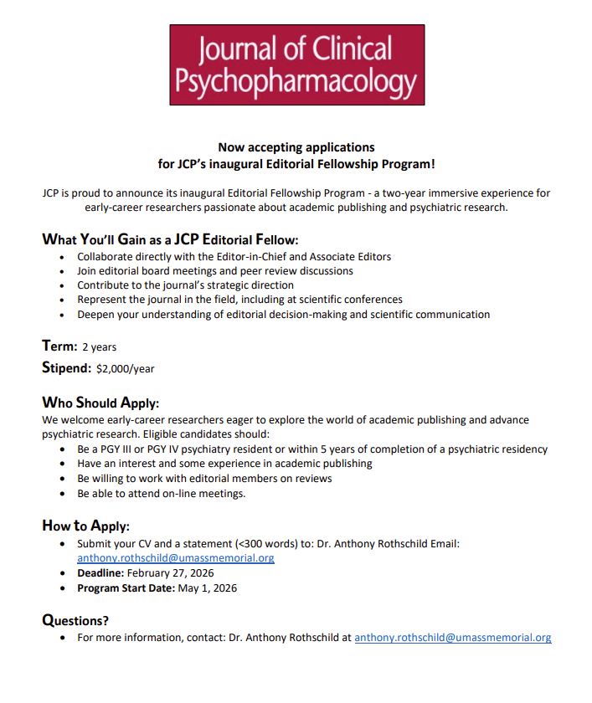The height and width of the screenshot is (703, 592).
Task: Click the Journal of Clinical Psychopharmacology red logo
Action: click(296, 64)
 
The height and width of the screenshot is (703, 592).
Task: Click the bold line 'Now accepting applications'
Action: click(296, 147)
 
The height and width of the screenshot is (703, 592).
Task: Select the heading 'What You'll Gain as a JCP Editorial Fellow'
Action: click(170, 239)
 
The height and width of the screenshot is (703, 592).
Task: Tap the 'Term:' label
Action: click(59, 346)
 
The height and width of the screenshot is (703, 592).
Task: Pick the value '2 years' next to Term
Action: click(99, 346)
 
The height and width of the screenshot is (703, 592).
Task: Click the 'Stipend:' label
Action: click(66, 367)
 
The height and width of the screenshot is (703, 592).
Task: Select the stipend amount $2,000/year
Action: click(126, 368)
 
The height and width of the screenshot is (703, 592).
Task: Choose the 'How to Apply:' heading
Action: click(85, 526)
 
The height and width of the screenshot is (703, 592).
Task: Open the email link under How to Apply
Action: click(175, 557)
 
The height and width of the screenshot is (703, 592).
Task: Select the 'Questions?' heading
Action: click(75, 620)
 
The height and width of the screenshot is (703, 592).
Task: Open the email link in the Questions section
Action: click(452, 638)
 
